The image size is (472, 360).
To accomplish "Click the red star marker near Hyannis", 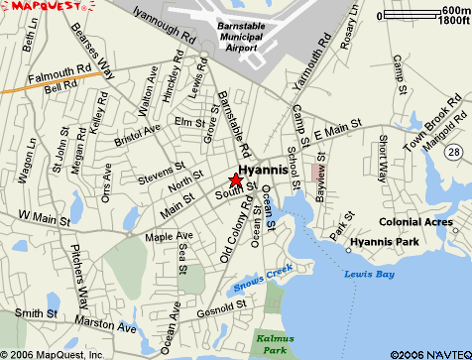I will pyautogui.click(x=235, y=180).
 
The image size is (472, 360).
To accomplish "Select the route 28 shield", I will pyautogui.click(x=453, y=150).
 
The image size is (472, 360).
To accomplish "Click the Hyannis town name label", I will pyautogui.click(x=265, y=170).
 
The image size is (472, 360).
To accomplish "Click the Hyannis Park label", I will pyautogui.click(x=386, y=241).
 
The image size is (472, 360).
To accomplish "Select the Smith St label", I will pyautogui.click(x=34, y=313).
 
